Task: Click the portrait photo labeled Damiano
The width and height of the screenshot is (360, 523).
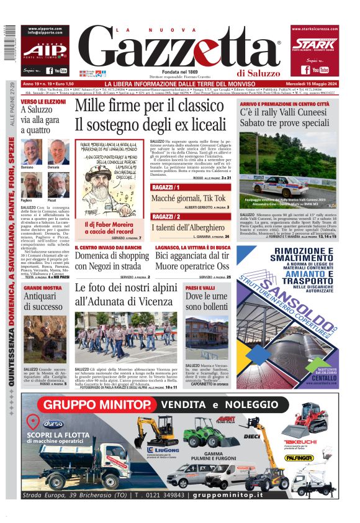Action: (30, 151)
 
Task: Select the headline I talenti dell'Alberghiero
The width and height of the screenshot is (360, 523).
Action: (190, 228)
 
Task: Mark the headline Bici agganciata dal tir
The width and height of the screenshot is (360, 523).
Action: (193, 255)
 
